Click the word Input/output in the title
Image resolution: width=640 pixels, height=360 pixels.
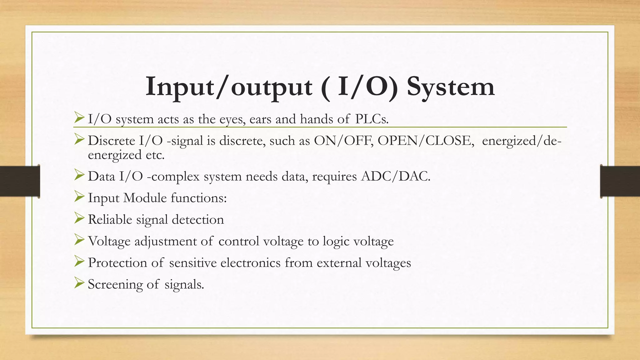pos(229,87)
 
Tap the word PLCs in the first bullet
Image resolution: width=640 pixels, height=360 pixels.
pos(372,119)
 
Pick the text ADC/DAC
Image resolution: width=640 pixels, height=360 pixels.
pos(396,176)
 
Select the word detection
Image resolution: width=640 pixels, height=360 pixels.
pos(198,219)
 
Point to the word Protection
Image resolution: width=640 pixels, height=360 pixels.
pos(117,262)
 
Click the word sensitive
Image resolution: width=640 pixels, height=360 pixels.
pos(193,262)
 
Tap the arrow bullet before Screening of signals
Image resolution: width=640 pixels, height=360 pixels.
pos(79,283)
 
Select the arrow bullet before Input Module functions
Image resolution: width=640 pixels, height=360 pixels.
pos(79,197)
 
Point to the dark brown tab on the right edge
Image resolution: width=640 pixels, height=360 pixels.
pos(620,181)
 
